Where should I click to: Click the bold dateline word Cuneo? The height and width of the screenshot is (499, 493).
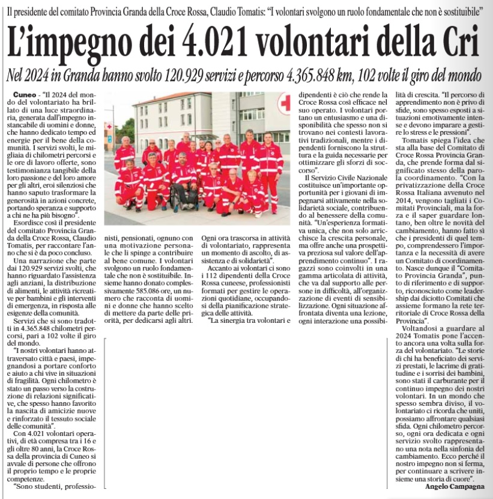coord(23,96)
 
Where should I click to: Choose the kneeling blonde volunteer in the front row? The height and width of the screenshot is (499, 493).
coord(253,189)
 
